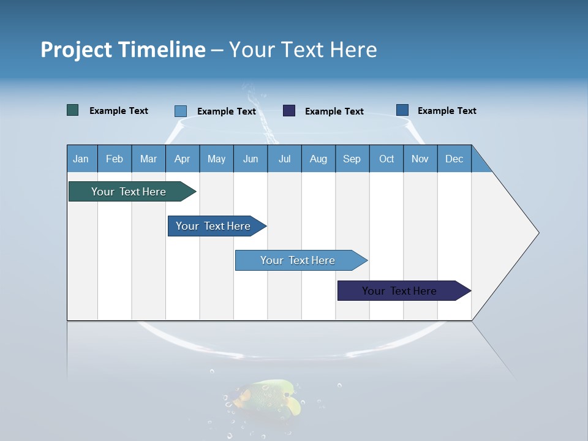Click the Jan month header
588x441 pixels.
(x=81, y=159)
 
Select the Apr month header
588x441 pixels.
(x=182, y=159)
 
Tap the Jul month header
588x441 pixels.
(x=284, y=159)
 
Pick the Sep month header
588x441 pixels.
(x=352, y=159)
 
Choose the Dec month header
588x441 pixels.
(x=454, y=159)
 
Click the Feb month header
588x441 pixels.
(x=115, y=159)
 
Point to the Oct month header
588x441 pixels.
(x=386, y=159)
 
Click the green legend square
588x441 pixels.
(x=72, y=110)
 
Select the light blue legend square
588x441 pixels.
(x=180, y=111)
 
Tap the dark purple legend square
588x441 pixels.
(x=289, y=111)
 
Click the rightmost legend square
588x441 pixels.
(x=402, y=110)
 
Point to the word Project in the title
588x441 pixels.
(x=77, y=50)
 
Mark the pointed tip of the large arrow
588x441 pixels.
(x=538, y=233)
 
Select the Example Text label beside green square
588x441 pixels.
(x=119, y=111)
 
